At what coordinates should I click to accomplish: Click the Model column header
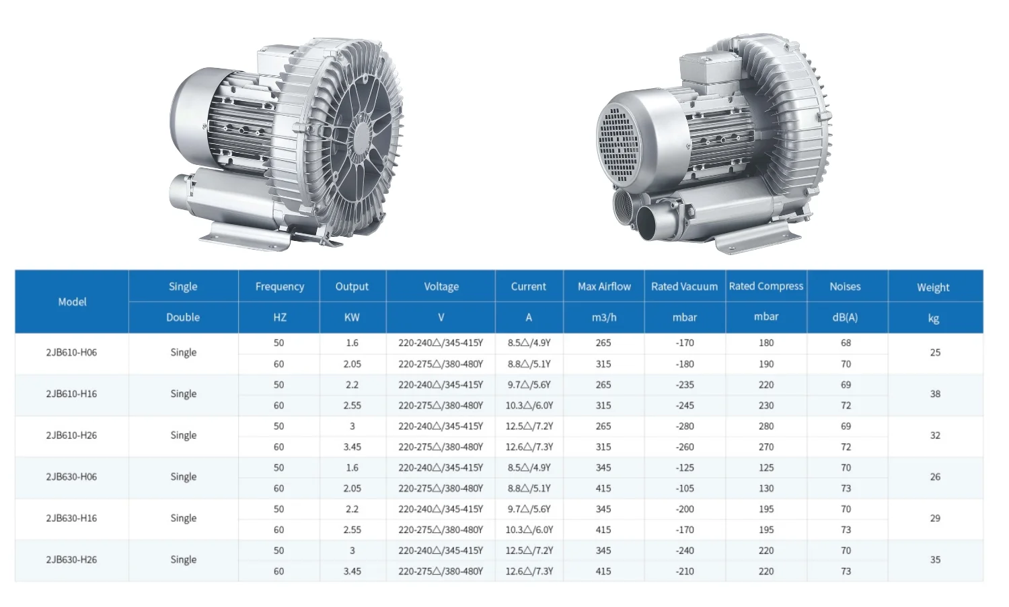click(72, 302)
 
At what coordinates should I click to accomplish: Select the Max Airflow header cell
click(604, 287)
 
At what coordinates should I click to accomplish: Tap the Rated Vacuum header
click(685, 287)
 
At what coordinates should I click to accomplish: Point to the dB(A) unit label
click(845, 317)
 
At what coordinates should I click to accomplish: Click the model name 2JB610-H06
click(71, 353)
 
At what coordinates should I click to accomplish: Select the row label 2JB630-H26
click(71, 560)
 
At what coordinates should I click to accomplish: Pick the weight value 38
click(935, 394)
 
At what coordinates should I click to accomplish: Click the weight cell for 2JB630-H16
click(935, 518)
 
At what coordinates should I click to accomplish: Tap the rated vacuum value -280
click(685, 426)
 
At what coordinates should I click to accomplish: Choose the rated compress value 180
click(766, 343)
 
